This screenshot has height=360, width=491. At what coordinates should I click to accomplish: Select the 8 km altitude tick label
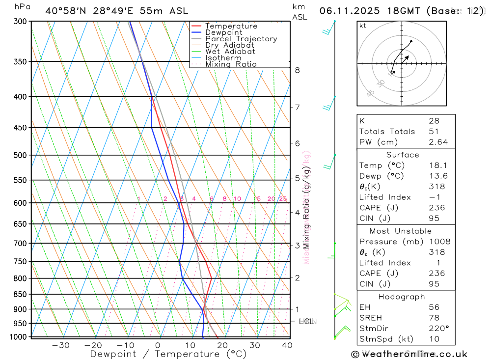pyautogui.click(x=297, y=70)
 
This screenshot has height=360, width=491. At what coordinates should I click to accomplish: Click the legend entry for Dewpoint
pyautogui.click(x=223, y=32)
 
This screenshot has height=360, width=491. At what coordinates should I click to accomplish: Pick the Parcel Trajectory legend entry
pyautogui.click(x=241, y=39)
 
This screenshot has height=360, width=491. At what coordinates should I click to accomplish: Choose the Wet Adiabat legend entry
pyautogui.click(x=230, y=52)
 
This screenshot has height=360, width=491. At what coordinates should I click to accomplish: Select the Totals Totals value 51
pyautogui.click(x=434, y=131)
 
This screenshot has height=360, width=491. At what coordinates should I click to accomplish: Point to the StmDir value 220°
pyautogui.click(x=438, y=328)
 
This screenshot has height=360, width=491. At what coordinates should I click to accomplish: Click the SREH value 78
pyautogui.click(x=434, y=318)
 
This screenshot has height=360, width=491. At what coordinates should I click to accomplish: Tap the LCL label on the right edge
pyautogui.click(x=306, y=321)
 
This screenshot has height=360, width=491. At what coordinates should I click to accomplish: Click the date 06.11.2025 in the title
pyautogui.click(x=346, y=11)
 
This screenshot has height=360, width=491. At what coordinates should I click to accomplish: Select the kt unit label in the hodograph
pyautogui.click(x=362, y=26)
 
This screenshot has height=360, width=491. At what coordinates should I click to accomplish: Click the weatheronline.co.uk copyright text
pyautogui.click(x=409, y=354)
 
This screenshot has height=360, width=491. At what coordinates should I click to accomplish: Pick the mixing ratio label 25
pyautogui.click(x=283, y=199)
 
